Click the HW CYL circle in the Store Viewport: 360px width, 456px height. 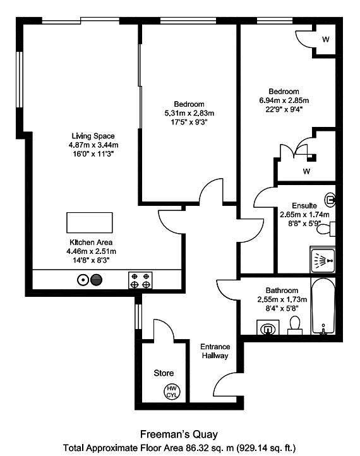pyautogui.click(x=172, y=392)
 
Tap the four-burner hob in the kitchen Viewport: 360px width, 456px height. pyautogui.click(x=140, y=280)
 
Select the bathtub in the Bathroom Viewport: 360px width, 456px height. pyautogui.click(x=323, y=306)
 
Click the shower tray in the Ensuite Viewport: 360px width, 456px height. pyautogui.click(x=323, y=261)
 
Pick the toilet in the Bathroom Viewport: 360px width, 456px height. pyautogui.click(x=295, y=325)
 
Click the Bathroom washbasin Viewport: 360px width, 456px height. pyautogui.click(x=268, y=327)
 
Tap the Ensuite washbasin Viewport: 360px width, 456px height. pyautogui.click(x=330, y=200)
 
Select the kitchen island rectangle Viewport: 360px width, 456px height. pyautogui.click(x=90, y=222)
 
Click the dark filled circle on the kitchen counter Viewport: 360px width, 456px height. pyautogui.click(x=97, y=280)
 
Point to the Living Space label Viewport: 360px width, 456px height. pyautogui.click(x=93, y=136)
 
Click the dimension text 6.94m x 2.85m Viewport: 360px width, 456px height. pyautogui.click(x=284, y=100)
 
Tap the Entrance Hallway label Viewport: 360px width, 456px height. pyautogui.click(x=215, y=351)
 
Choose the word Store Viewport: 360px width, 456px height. pyautogui.click(x=164, y=373)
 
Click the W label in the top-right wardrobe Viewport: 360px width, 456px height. pyautogui.click(x=326, y=39)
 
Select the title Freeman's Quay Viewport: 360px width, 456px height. pyautogui.click(x=179, y=435)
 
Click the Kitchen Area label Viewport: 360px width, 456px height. pyautogui.click(x=91, y=243)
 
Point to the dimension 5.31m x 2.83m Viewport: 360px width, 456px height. pyautogui.click(x=189, y=113)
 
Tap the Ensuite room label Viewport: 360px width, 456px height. pyautogui.click(x=304, y=206)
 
